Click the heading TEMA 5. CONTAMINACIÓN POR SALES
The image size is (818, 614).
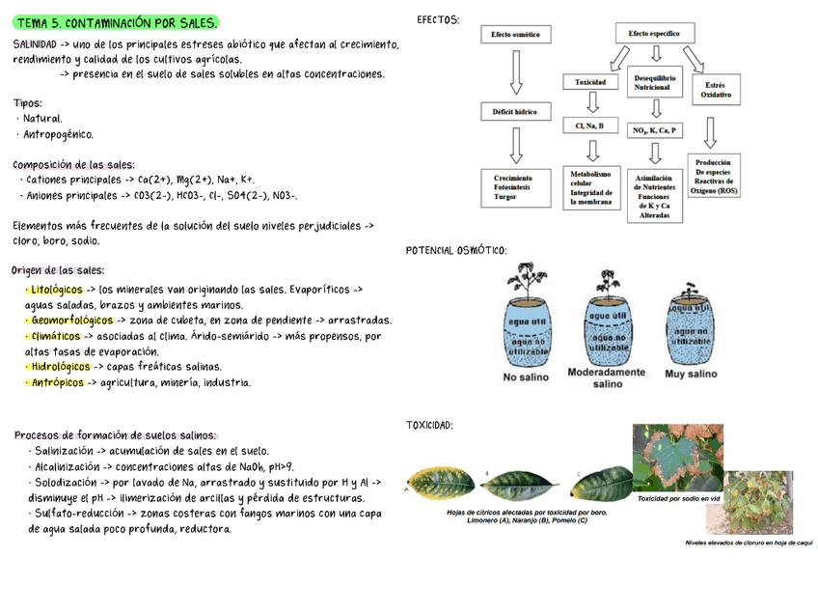117,22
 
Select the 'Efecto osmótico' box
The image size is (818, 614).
516,35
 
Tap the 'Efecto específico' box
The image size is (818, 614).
654,34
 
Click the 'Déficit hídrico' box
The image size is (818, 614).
516,111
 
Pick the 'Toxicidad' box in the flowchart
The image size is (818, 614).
590,82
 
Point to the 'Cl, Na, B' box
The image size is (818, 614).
589,126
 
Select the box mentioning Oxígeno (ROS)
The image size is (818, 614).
715,177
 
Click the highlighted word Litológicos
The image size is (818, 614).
56,290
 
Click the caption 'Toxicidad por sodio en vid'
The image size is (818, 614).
679,498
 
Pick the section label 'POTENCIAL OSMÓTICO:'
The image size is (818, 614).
455,250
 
